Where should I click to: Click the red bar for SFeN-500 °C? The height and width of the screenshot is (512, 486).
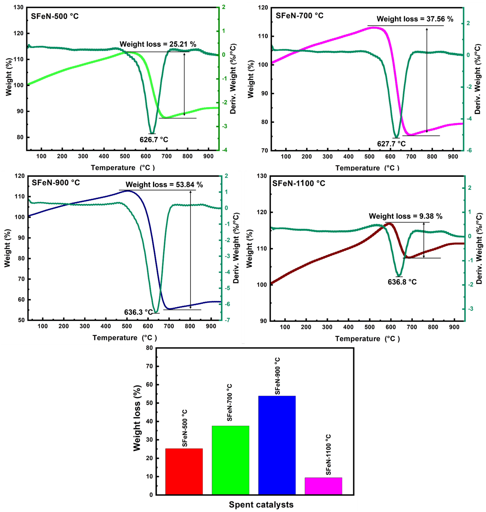(x=184, y=471)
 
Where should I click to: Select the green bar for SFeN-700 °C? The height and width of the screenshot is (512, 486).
(x=230, y=460)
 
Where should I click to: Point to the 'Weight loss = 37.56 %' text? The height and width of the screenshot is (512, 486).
(x=415, y=19)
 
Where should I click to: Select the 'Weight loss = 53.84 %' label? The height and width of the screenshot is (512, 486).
(x=164, y=185)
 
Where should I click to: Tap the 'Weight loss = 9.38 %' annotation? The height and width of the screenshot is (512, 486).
(x=405, y=216)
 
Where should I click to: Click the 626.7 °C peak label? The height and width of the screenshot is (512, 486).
(x=154, y=140)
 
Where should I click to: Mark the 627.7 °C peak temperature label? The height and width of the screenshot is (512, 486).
(x=391, y=144)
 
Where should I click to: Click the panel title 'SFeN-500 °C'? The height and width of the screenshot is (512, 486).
(x=55, y=16)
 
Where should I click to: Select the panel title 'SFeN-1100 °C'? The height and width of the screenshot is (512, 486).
(x=298, y=183)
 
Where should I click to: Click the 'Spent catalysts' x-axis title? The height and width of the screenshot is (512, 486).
(x=261, y=504)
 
